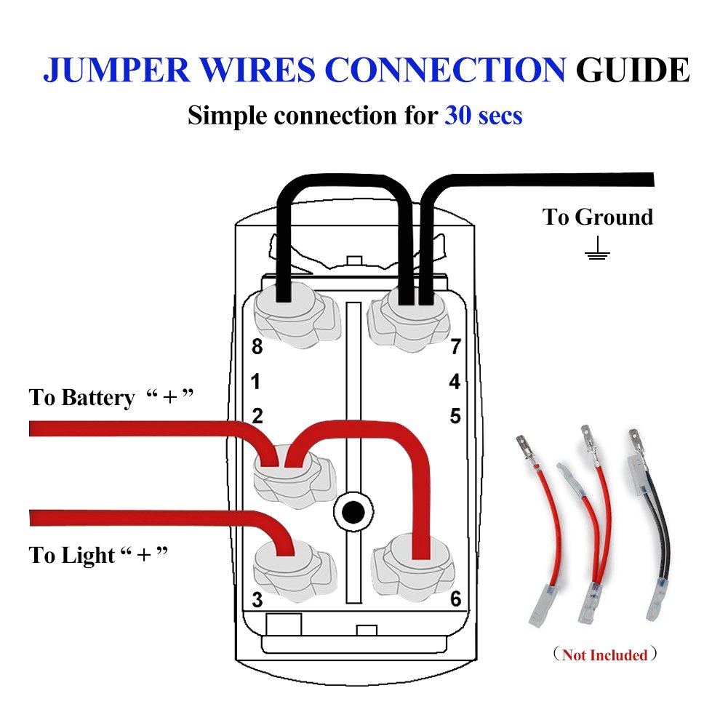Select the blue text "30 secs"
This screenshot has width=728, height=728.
tap(483, 115)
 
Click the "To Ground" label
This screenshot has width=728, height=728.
tap(598, 217)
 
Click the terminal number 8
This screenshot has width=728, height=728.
tap(257, 347)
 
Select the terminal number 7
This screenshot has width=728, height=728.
tap(455, 347)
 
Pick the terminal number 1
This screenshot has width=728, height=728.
tap(256, 381)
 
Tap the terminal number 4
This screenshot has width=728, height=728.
tap(455, 381)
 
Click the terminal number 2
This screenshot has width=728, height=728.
tap(257, 416)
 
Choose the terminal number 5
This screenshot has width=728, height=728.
tap(455, 416)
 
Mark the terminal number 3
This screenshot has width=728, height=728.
tap(257, 600)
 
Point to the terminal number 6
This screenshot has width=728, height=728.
tap(455, 600)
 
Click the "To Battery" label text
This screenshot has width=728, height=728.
tap(81, 398)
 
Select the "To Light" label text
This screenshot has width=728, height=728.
tap(72, 555)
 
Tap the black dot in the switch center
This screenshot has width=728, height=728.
tap(353, 512)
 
